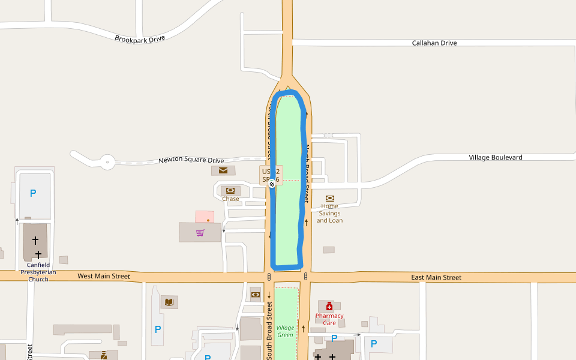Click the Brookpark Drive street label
tap(140, 38)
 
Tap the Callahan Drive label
tap(434, 43)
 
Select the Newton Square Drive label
tap(191, 160)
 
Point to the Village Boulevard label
tap(495, 157)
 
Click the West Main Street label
tap(104, 277)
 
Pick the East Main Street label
tap(436, 277)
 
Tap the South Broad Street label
tap(269, 330)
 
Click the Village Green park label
tap(286, 331)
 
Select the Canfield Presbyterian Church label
tap(38, 272)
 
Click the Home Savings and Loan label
tap(329, 213)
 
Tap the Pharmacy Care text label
tap(329, 319)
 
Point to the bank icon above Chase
tap(230, 190)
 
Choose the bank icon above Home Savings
tap(329, 198)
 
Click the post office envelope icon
tap(223, 170)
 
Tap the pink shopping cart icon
tap(200, 232)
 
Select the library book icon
tap(169, 301)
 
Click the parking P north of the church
tap(33, 193)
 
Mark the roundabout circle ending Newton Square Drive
tap(107, 161)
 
